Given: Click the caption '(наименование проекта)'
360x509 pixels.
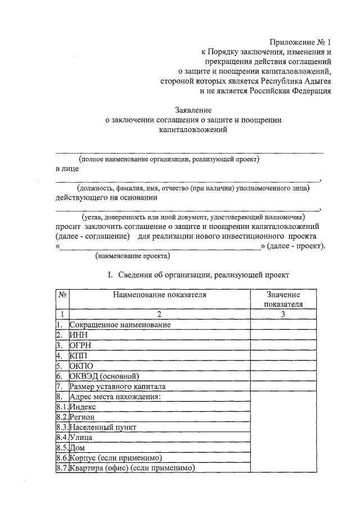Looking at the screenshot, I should pos(132,255).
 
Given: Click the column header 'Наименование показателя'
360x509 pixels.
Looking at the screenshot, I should pos(159,294).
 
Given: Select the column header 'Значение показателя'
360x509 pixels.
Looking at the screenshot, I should pos(283,299).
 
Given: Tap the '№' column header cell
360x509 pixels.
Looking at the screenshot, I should pos(62,294).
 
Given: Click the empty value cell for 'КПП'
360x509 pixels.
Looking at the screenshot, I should pos(283,356).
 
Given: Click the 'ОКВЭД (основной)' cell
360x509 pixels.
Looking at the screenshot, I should pos(103,376).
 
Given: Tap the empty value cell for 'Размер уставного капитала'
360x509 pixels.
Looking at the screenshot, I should pos(283,387).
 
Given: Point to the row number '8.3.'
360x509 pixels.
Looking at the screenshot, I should pos(62,427).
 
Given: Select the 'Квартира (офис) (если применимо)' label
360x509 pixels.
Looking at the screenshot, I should pos(132,468).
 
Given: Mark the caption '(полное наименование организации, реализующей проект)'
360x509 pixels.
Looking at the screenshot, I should pos(169,159).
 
